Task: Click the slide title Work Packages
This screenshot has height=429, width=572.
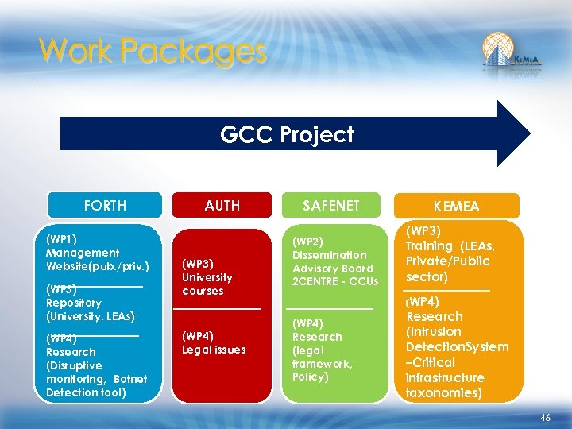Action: tap(153, 52)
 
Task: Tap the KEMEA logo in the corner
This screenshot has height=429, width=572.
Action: tap(511, 53)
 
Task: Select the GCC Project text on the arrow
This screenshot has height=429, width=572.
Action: tap(287, 134)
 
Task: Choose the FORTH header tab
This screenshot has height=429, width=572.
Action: tap(105, 206)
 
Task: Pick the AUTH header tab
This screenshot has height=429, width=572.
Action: tap(222, 206)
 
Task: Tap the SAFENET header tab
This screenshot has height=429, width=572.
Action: tap(330, 206)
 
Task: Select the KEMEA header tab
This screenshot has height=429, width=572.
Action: tap(457, 207)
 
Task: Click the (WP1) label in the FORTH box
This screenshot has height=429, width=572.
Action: tap(62, 238)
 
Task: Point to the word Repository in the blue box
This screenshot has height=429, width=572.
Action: tap(74, 303)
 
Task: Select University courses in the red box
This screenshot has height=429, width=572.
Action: tap(207, 284)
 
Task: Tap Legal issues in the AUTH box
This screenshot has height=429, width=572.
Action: tap(214, 350)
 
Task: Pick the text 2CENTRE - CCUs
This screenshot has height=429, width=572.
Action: tap(335, 282)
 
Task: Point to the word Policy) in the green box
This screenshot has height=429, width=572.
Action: tap(311, 377)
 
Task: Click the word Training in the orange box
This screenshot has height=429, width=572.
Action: tap(430, 246)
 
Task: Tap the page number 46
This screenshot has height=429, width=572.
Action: tap(545, 417)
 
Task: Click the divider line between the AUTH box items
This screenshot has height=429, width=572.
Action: tap(217, 308)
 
